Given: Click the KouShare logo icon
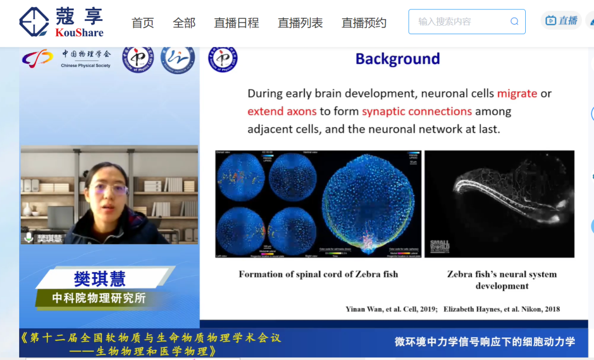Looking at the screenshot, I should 34,22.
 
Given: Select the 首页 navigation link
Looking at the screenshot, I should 142,23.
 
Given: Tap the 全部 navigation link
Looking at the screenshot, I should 184,23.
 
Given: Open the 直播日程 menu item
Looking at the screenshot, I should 236,23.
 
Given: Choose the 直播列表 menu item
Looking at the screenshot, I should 300,23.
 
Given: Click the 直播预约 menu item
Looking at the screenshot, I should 364,23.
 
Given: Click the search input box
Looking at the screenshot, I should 459,22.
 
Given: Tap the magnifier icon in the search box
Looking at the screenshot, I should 514,22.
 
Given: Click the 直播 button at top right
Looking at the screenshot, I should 562,21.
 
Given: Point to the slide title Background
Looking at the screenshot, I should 398,59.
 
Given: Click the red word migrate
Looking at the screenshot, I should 517,93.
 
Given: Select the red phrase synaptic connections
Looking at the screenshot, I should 416,112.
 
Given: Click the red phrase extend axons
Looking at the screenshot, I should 282,112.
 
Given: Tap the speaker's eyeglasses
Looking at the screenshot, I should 108,190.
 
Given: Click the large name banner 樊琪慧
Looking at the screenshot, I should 100,279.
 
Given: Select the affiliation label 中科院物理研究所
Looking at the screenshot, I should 99,298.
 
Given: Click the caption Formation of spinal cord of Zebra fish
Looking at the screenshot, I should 318,274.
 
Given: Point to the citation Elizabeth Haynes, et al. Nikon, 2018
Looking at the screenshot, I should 502,309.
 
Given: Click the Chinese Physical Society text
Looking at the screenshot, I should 86,65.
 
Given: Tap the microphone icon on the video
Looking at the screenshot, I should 29,237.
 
